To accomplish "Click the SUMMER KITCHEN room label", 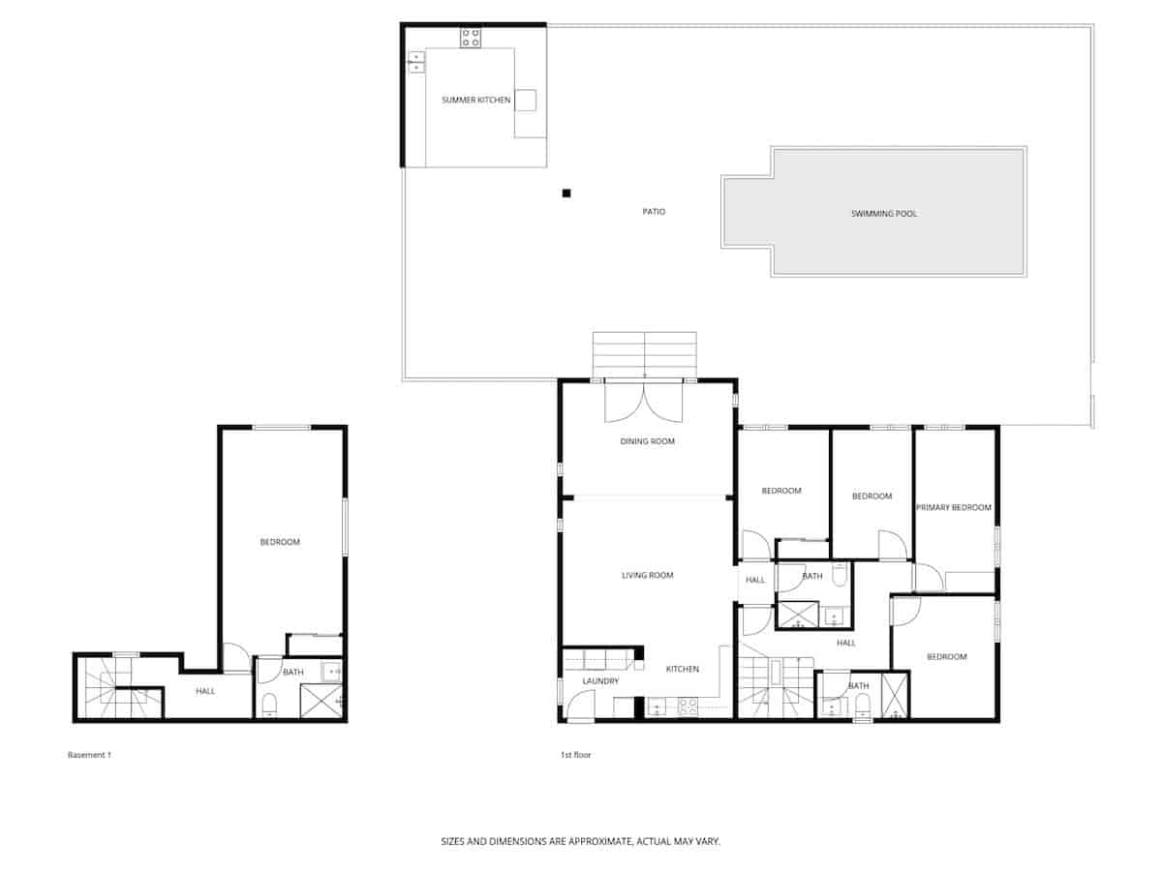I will [x=475, y=100].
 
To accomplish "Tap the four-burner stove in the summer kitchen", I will [x=471, y=38].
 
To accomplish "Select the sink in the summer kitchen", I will [x=416, y=63].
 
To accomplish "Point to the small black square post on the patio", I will [x=566, y=194].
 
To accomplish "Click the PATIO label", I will [x=654, y=211].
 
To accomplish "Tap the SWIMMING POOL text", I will [x=883, y=213].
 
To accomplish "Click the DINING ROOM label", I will [x=647, y=441].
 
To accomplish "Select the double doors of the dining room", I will [x=644, y=402].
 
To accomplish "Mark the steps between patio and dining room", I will [x=645, y=353].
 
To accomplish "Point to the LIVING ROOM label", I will [x=647, y=575].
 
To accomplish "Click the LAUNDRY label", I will [x=600, y=681].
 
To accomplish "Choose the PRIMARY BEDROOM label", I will [x=954, y=507].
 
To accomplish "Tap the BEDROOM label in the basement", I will [x=280, y=542].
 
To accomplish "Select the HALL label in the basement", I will [x=205, y=691].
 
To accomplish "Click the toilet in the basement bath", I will [x=270, y=704].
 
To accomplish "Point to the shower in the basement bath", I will [x=321, y=701].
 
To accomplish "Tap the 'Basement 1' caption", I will [x=89, y=755].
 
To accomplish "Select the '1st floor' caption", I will [x=575, y=755].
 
